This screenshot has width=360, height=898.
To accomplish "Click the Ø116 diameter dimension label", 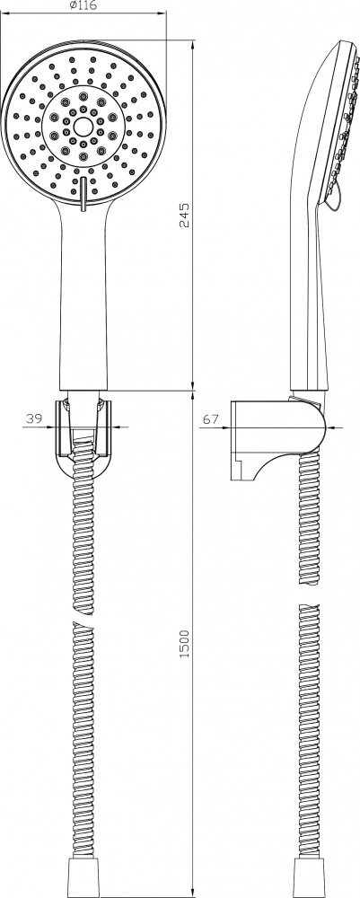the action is coord(83,5).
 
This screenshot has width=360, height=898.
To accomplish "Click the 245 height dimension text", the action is coord(184,215).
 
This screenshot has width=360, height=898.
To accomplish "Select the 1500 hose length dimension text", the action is coord(184,643).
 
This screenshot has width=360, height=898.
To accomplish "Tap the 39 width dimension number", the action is coord(33,418).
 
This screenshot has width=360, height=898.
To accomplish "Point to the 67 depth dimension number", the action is coord(210,418).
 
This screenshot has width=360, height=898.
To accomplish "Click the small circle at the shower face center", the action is coord(83,126).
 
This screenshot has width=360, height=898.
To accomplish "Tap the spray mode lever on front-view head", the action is coord(83,194).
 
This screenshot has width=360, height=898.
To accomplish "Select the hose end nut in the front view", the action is coord(83,885).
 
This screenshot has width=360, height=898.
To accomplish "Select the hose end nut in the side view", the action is coord(308,885).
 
